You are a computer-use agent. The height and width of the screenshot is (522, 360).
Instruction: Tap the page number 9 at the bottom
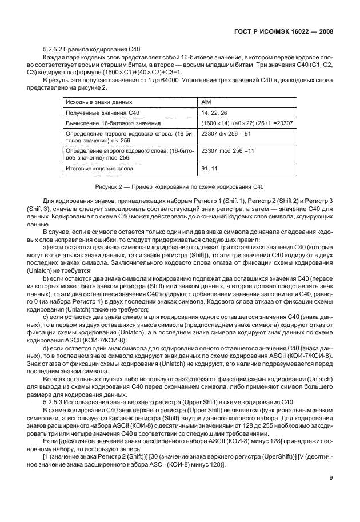pyautogui.click(x=331, y=495)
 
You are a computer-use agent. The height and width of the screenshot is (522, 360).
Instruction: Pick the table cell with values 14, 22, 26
pyautogui.click(x=215, y=113)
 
